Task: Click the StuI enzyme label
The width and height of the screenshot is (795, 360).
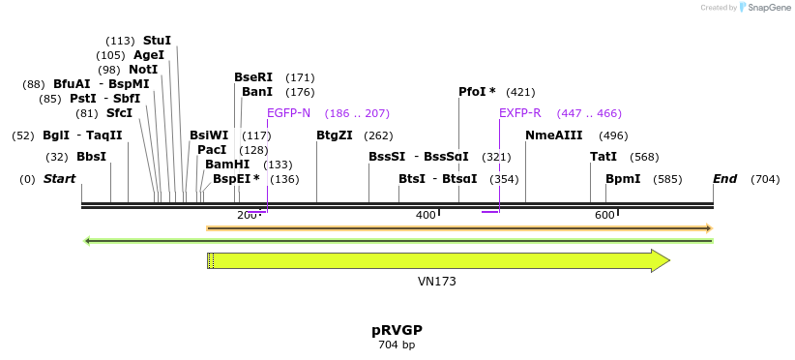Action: tap(157, 41)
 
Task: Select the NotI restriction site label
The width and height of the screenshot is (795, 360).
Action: tap(142, 70)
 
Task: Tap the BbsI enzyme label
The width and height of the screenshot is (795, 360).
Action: tap(91, 157)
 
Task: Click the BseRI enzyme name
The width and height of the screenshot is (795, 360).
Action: tap(253, 77)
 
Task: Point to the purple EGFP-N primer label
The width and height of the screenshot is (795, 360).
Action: tap(288, 113)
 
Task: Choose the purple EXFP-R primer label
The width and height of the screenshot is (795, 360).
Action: tap(520, 113)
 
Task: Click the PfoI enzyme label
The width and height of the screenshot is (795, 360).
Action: tap(473, 92)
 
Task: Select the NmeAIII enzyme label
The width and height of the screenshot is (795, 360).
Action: tap(553, 135)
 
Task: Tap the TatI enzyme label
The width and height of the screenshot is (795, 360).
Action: tap(604, 157)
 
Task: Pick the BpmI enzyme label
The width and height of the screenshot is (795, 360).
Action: tap(623, 179)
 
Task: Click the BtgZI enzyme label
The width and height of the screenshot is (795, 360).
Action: tap(335, 135)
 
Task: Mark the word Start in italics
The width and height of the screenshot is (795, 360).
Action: tap(59, 179)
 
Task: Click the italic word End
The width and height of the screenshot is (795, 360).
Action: tap(724, 179)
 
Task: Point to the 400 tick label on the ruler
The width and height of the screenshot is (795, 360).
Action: tap(426, 215)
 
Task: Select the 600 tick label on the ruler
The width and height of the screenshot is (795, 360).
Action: tap(604, 215)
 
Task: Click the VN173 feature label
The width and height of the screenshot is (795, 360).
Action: tap(437, 282)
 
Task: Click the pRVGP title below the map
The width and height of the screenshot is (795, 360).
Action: tap(397, 330)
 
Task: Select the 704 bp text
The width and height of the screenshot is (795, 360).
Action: tap(397, 345)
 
